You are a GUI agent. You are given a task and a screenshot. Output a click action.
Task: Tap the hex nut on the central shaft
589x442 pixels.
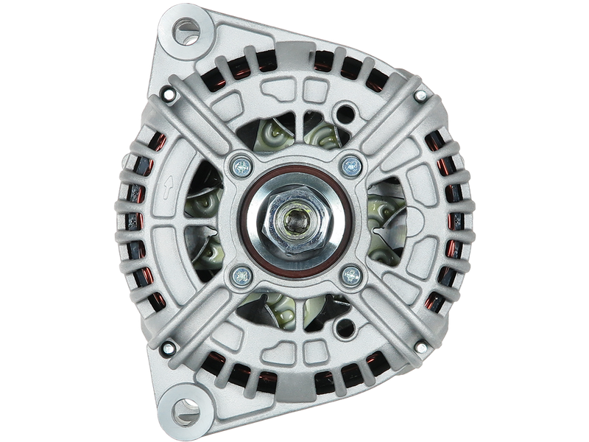coord(294,220)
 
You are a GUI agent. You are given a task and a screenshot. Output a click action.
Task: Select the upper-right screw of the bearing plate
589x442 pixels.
coord(350,166)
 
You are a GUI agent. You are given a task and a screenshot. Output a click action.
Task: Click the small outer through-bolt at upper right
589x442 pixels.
coord(420,95)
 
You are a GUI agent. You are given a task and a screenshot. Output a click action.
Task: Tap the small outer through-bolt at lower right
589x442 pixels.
coord(420,347)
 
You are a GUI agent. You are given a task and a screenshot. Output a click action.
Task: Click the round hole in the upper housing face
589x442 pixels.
coord(341,113)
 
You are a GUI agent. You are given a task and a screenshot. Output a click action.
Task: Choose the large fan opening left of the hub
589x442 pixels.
coord(202,221)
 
